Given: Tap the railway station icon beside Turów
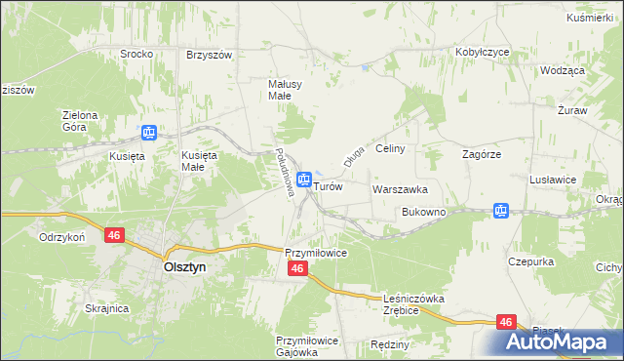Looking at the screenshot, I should tap(304, 180).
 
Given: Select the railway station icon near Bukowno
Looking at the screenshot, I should tap(501, 210).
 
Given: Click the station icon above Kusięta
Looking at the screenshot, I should tap(149, 134).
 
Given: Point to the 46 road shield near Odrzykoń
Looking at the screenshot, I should tap(115, 235).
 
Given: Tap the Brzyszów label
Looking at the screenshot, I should tap(209, 55).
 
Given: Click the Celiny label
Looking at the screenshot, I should tap(389, 148).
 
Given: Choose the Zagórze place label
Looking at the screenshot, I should tap(481, 154).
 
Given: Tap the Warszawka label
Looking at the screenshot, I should tap(400, 188).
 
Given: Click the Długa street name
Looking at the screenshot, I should tap(352, 150).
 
